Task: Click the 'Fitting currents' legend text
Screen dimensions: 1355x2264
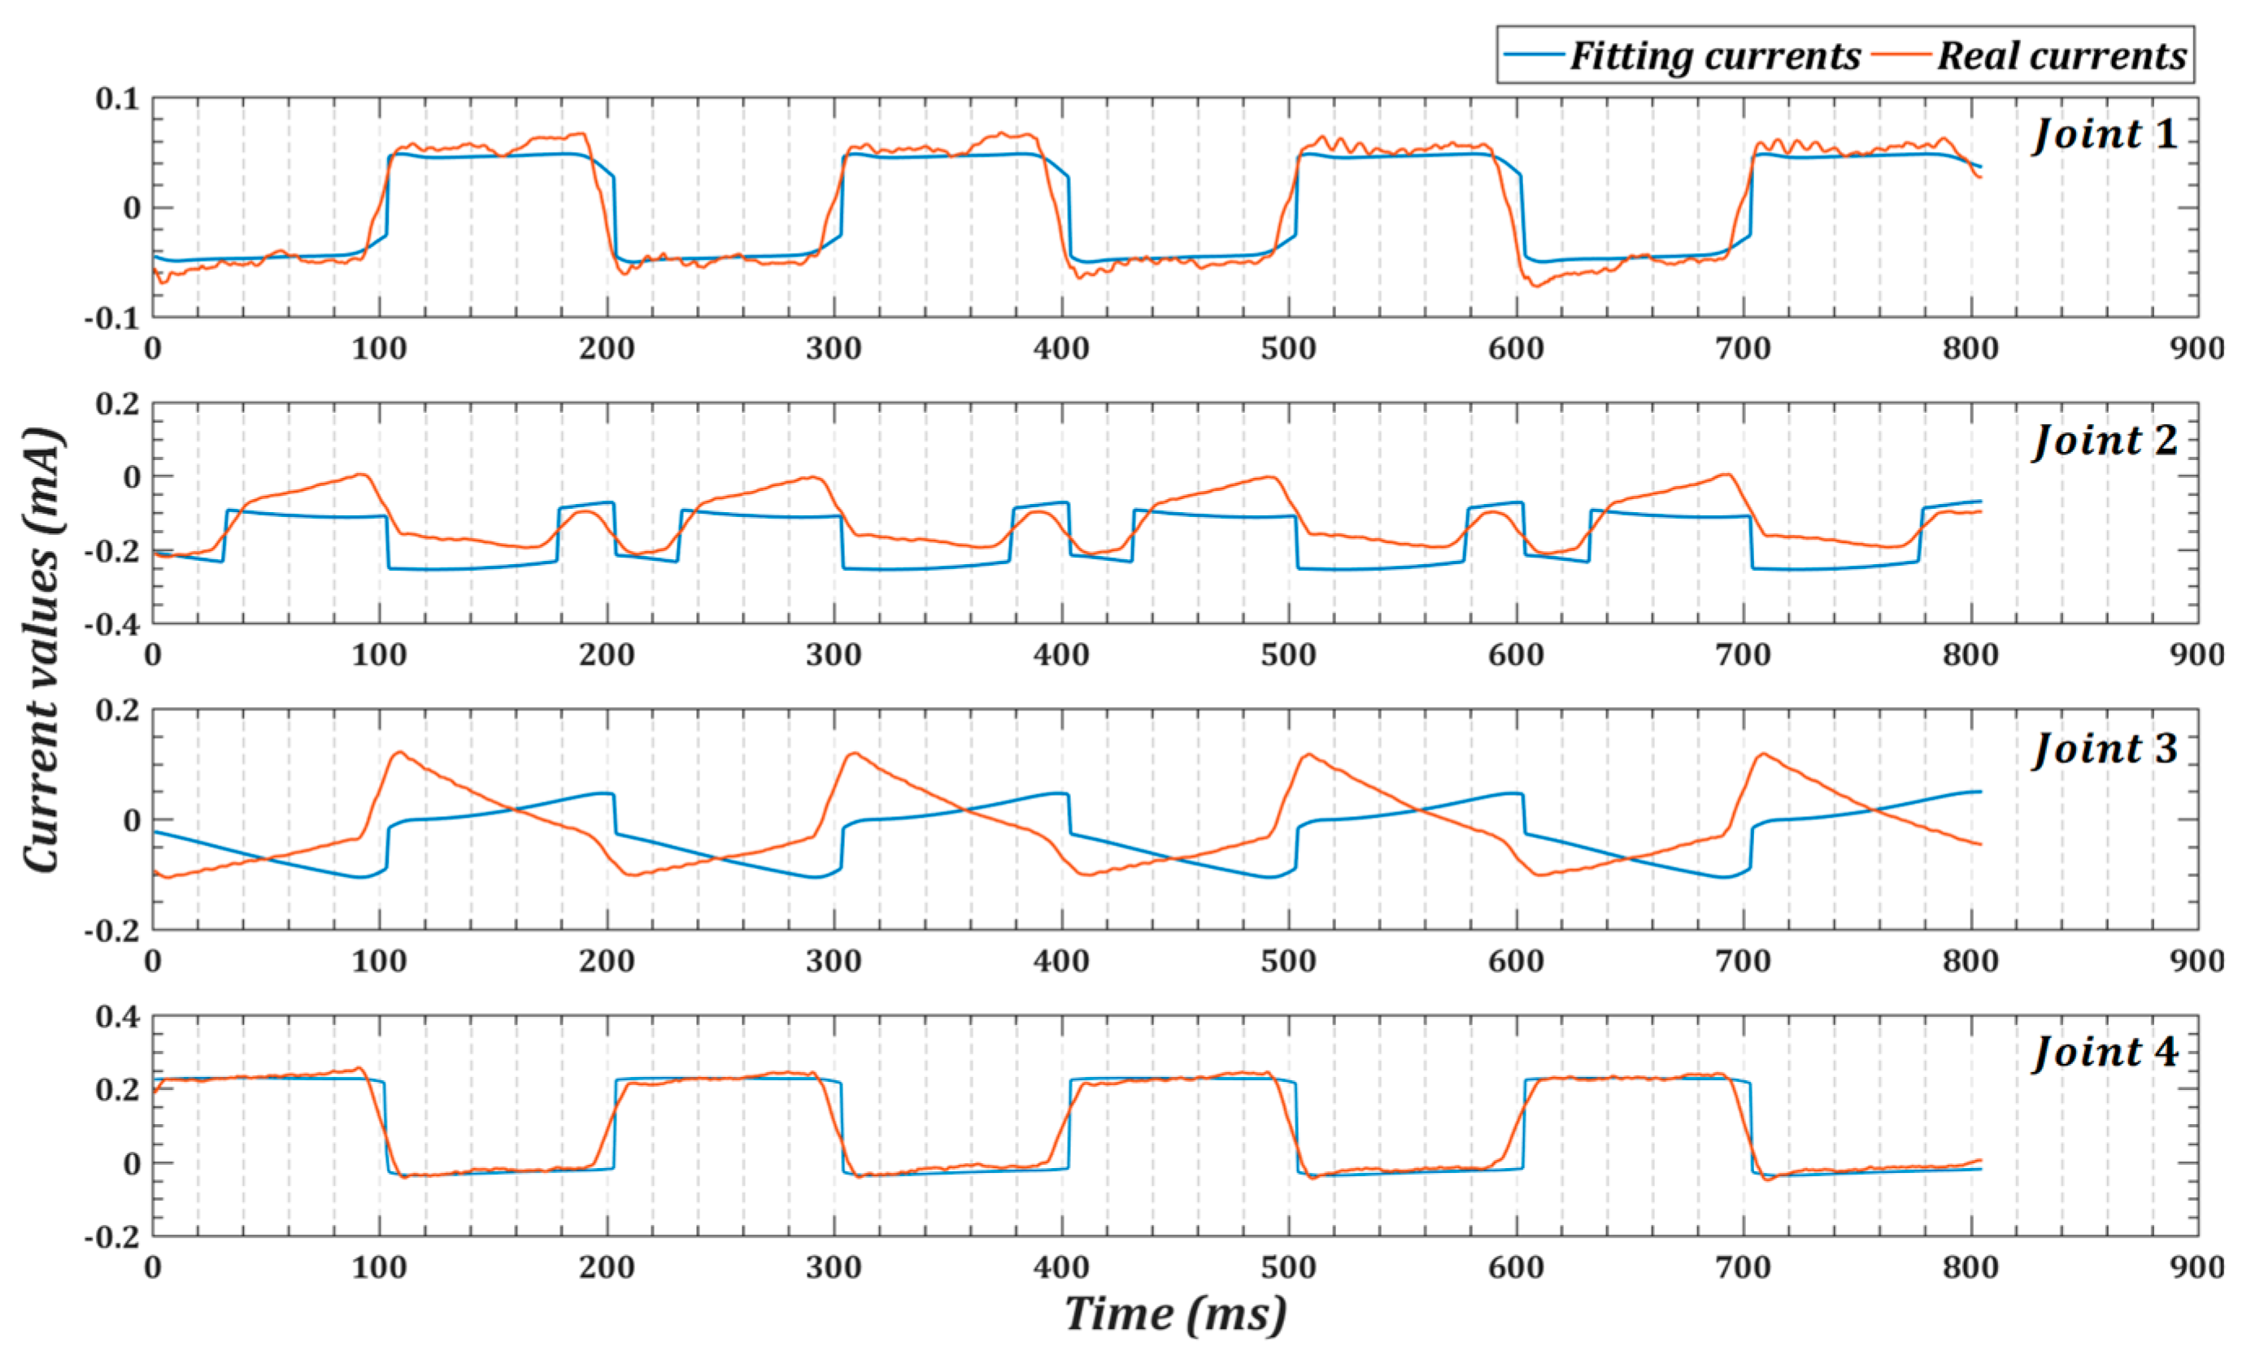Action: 1714,56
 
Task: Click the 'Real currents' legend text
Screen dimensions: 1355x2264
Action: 2062,56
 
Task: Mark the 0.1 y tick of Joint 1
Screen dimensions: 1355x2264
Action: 117,98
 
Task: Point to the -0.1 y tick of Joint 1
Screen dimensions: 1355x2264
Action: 111,319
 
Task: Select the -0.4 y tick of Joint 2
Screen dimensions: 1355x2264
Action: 111,624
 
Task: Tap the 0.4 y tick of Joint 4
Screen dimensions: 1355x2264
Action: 117,1016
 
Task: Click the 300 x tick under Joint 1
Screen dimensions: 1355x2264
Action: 834,349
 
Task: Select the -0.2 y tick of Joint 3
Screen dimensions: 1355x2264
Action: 111,931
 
